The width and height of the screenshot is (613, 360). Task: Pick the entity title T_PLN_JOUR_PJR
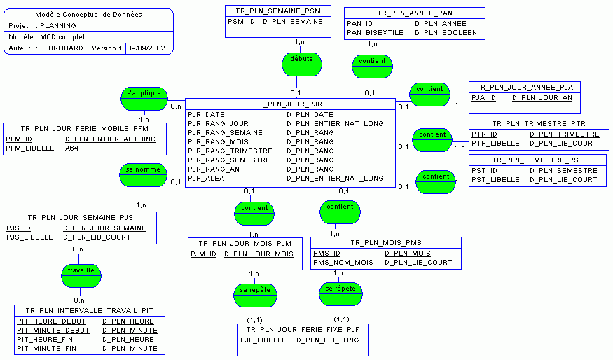pos(290,104)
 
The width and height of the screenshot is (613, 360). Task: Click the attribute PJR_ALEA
pos(205,179)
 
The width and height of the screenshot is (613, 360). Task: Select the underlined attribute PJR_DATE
pos(206,115)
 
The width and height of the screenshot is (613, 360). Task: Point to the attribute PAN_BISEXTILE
pos(375,33)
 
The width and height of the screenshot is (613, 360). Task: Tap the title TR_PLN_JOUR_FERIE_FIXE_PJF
pos(303,329)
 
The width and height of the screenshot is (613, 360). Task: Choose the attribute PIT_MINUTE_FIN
pos(46,348)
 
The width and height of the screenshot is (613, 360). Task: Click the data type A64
pos(72,148)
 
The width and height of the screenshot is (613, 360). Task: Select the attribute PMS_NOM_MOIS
pos(343,263)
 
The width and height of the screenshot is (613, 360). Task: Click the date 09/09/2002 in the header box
pos(149,48)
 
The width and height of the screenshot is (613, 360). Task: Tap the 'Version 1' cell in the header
pos(106,48)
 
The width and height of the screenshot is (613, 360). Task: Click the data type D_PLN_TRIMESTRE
pos(564,134)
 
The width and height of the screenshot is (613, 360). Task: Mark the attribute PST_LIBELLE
pos(495,180)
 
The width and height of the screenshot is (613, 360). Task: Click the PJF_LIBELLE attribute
pos(263,340)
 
